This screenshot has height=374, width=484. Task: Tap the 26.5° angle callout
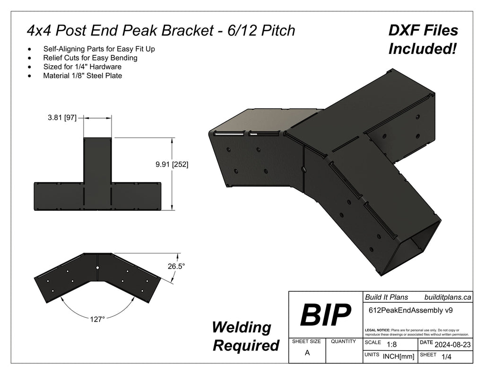pyautogui.click(x=176, y=266)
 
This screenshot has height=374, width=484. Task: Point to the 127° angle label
pyautogui.click(x=97, y=319)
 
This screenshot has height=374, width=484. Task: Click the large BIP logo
pyautogui.click(x=325, y=315)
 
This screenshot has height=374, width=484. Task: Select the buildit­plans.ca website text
pyautogui.click(x=447, y=297)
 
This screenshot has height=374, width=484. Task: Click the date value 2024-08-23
pyautogui.click(x=452, y=345)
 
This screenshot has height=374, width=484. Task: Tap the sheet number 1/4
pyautogui.click(x=445, y=357)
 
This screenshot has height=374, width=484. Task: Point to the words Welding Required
pyautogui.click(x=245, y=336)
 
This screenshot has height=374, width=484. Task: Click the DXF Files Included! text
pyautogui.click(x=423, y=39)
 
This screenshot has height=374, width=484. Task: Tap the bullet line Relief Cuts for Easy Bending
pyautogui.click(x=90, y=58)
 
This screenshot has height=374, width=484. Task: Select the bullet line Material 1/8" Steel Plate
pyautogui.click(x=82, y=75)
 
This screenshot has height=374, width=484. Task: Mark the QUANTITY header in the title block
pyautogui.click(x=344, y=341)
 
